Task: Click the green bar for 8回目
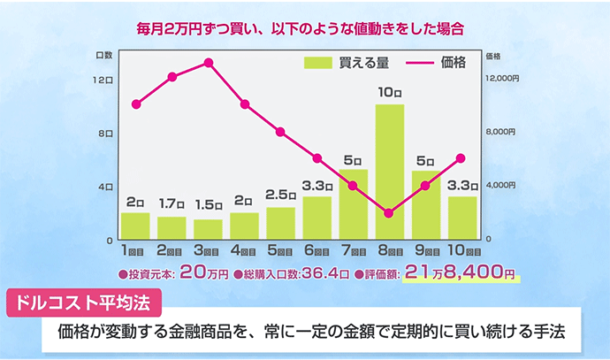[x=389, y=172]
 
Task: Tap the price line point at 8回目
[x=389, y=213]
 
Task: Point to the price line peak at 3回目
[x=208, y=63]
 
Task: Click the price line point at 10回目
[x=461, y=158]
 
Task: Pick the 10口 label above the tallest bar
[x=389, y=92]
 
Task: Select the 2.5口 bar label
[x=280, y=195]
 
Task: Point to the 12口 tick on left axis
[x=104, y=80]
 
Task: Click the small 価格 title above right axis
[x=492, y=55]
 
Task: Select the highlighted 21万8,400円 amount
[x=460, y=272]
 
